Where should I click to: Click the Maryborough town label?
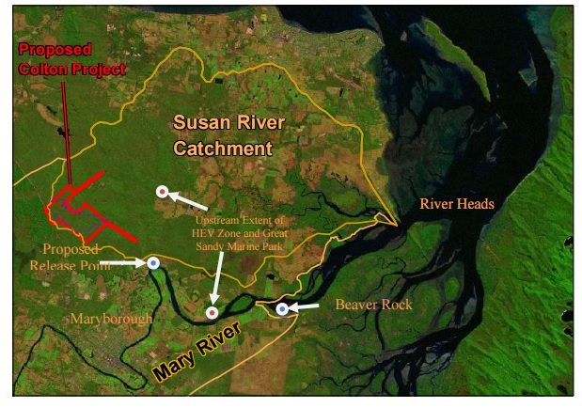[x=112, y=320]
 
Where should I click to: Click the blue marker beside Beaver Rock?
[x=281, y=307]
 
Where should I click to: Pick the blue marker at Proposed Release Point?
[x=152, y=263]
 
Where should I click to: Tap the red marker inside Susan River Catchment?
[x=162, y=192]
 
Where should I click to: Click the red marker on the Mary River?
[x=212, y=312]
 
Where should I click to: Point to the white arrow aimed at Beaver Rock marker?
[x=304, y=306]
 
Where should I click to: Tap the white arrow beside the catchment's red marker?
[x=190, y=200]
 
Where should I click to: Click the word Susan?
[x=197, y=122]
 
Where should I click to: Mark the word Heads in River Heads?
[x=475, y=203]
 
